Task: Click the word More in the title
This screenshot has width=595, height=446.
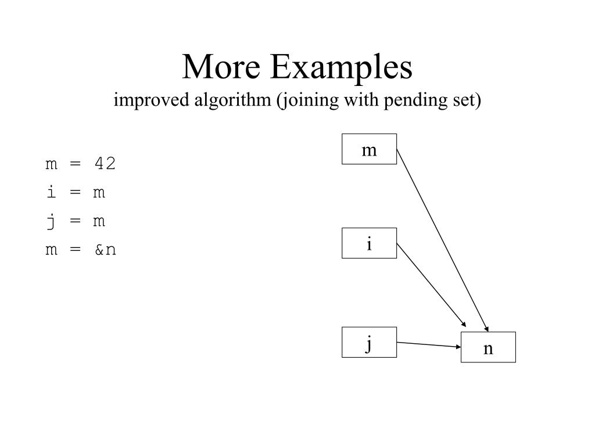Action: tap(220, 67)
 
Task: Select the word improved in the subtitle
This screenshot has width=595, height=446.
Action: tap(141, 100)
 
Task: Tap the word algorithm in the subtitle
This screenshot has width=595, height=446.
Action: tap(223, 100)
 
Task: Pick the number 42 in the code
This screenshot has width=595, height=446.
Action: tap(105, 164)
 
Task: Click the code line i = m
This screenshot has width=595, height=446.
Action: tap(76, 192)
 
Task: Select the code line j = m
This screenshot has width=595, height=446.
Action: tap(76, 221)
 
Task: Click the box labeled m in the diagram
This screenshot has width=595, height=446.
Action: tap(369, 149)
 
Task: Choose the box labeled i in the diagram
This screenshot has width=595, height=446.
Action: tap(369, 243)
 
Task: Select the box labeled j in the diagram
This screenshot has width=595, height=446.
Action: tap(369, 342)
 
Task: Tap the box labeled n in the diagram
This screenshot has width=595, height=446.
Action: tap(488, 347)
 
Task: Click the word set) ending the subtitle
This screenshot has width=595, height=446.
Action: tap(469, 100)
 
